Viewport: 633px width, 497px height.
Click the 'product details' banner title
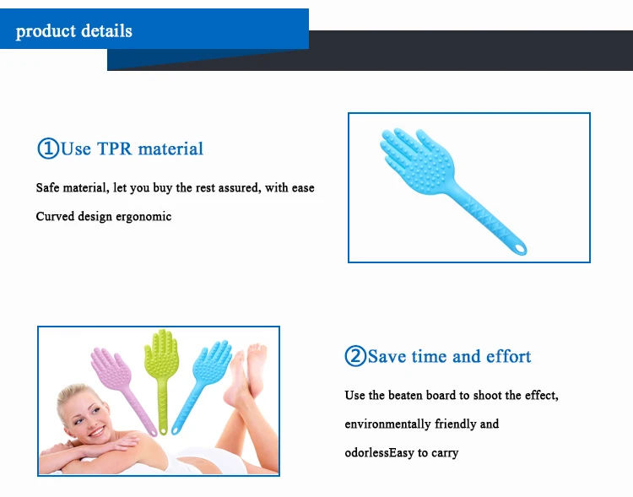[x=74, y=31]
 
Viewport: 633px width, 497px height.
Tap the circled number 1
[x=48, y=149]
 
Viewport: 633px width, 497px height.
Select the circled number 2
[x=355, y=356]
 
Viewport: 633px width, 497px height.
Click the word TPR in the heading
[x=115, y=149]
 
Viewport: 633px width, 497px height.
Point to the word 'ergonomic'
[x=143, y=216]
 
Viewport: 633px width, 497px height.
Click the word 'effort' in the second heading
[x=508, y=356]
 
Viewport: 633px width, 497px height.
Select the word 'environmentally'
[x=388, y=424]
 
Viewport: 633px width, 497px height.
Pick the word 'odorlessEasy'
[x=379, y=452]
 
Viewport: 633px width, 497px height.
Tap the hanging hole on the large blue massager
[x=520, y=248]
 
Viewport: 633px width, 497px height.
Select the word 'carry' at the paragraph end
[x=445, y=453]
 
